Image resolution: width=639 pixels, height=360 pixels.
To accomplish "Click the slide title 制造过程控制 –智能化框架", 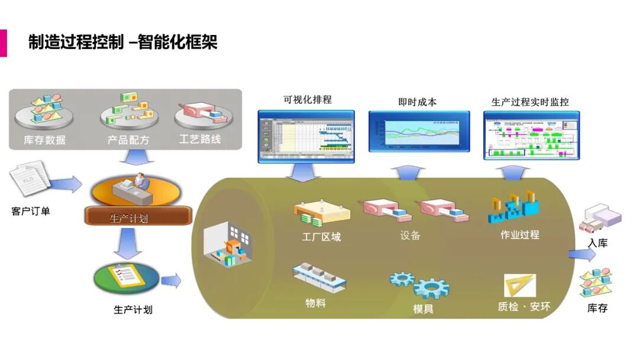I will (123, 43).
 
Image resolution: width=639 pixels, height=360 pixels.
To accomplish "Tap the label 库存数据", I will (44, 140).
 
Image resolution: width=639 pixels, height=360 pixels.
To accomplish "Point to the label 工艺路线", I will (200, 140).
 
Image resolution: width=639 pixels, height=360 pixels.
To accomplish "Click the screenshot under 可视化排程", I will (306, 136).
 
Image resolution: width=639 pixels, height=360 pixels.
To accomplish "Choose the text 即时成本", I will (417, 102).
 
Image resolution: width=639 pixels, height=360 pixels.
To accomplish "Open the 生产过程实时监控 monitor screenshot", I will (531, 136).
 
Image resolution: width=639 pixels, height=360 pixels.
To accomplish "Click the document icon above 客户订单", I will (28, 181).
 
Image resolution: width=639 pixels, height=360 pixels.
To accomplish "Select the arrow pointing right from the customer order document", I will (66, 184).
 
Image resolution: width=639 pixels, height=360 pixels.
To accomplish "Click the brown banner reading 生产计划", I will (138, 217).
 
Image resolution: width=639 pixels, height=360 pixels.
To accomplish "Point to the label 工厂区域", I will (321, 237).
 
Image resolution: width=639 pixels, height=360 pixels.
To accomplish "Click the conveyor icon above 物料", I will (318, 277).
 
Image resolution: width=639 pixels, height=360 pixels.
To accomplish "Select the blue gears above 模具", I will (419, 285).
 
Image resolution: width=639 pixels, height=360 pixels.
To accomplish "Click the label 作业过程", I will (519, 235).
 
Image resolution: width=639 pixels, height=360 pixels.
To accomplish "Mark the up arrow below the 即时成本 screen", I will (408, 172).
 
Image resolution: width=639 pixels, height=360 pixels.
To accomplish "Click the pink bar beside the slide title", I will (3, 43).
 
